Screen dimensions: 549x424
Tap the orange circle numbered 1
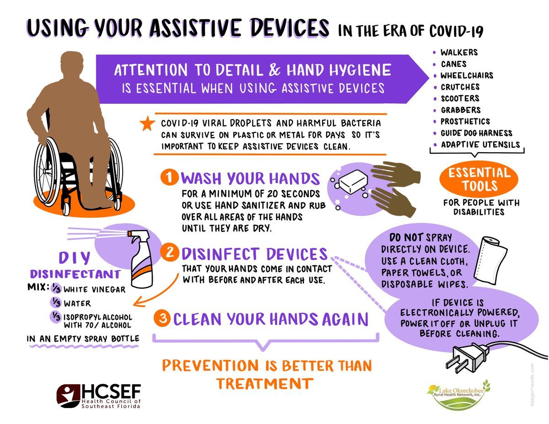pos(169,177)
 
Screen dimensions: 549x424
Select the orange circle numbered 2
pos(169,253)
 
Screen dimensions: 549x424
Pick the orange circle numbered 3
pos(162,318)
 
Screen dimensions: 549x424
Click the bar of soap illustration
pos(353,182)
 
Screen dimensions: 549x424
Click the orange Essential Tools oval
pos(479,180)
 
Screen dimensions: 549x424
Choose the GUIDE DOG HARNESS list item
pos(476,133)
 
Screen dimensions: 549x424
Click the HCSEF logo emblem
pos(68,396)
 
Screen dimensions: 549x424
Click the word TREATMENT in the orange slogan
pos(264,384)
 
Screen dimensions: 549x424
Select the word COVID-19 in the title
pos(456,32)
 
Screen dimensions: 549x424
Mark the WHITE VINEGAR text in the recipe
pos(94,290)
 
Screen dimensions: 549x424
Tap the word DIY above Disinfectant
pos(74,258)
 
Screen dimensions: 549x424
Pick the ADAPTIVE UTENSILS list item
pos(480,145)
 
